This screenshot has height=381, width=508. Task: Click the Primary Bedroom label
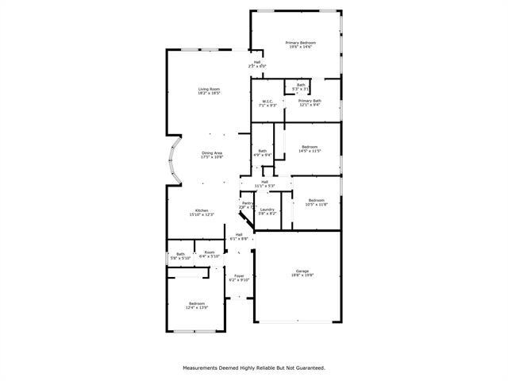point(301,44)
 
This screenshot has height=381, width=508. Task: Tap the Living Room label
point(209,90)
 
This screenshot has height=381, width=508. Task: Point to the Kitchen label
point(202,212)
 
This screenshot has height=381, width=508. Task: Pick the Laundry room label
point(267,211)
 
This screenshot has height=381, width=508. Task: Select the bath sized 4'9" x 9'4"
point(262,152)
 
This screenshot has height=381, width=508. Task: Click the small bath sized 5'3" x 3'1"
point(301,87)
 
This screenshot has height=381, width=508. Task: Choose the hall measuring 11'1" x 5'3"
point(264,183)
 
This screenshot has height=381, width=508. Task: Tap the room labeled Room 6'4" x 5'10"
point(209,254)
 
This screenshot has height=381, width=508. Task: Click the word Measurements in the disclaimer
point(202,368)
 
